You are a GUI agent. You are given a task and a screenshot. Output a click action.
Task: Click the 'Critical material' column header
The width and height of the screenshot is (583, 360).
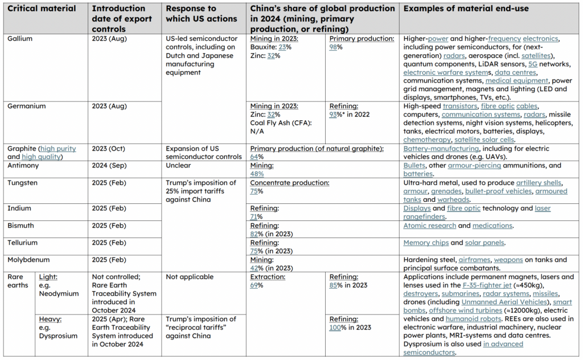click(x=42, y=8)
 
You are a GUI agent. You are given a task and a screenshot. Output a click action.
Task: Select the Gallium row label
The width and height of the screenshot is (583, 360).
click(x=20, y=39)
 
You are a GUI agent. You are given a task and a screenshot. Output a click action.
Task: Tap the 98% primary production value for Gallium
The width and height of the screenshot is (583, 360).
click(x=336, y=47)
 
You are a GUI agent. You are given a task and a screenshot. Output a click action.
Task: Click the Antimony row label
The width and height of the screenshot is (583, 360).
click(x=23, y=166)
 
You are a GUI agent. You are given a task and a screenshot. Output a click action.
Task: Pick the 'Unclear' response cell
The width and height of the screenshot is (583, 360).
click(x=178, y=166)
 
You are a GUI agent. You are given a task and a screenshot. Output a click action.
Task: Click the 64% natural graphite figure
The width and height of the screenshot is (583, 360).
click(x=257, y=157)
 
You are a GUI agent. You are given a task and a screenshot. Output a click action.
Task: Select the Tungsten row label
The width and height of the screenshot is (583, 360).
click(x=22, y=183)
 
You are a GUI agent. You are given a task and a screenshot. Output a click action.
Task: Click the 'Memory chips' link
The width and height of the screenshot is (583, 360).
click(x=426, y=243)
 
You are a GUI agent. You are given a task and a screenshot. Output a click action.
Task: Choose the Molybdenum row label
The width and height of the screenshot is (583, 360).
click(x=28, y=260)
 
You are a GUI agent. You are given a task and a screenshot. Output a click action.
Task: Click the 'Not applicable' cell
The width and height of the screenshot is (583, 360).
click(x=190, y=277)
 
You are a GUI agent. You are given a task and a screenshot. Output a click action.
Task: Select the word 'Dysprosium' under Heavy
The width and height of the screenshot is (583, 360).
click(x=59, y=336)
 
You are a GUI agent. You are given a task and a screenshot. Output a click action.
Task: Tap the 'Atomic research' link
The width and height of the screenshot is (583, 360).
click(x=429, y=226)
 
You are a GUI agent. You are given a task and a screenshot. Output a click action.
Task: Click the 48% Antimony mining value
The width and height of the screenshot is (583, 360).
click(x=257, y=174)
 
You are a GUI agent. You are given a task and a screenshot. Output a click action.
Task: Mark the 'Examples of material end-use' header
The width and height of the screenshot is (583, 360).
click(x=466, y=8)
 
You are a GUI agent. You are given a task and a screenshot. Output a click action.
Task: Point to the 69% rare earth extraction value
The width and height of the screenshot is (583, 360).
click(x=257, y=285)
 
